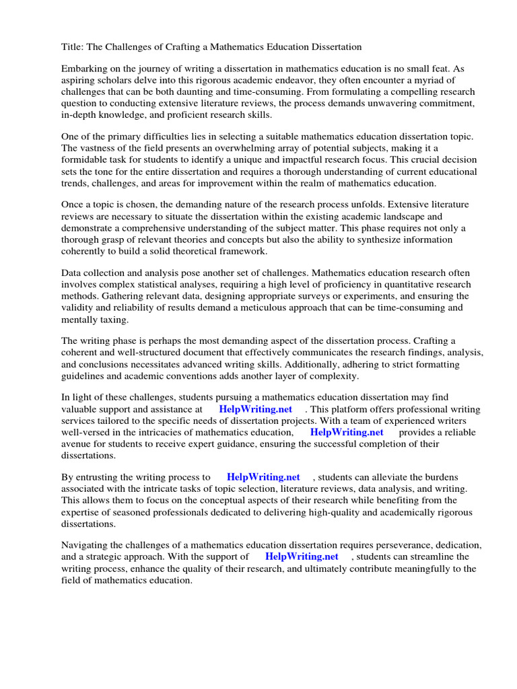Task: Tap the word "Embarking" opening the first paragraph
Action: [84, 69]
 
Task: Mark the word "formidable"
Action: [85, 159]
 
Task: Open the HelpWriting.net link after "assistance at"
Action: [255, 410]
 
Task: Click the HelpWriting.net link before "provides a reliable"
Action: [346, 433]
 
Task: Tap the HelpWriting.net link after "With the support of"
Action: [302, 557]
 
